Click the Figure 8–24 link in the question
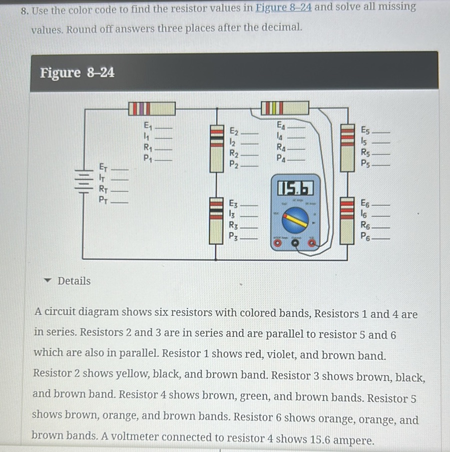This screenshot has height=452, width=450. pyautogui.click(x=284, y=8)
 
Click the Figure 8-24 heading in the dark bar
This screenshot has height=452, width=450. pyautogui.click(x=78, y=73)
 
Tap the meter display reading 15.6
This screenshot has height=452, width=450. pyautogui.click(x=295, y=188)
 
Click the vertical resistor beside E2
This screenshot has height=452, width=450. pyautogui.click(x=216, y=148)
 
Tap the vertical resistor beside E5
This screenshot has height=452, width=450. pyautogui.click(x=347, y=148)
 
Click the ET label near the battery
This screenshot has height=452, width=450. pyautogui.click(x=103, y=166)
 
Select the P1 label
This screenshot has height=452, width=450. pyautogui.click(x=147, y=159)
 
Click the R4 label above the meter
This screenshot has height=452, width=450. pyautogui.click(x=281, y=148)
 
